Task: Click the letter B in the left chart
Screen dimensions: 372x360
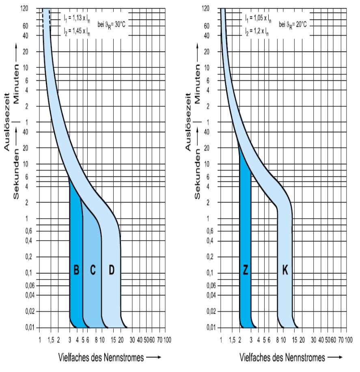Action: tap(76, 271)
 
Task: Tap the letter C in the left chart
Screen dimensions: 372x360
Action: tap(93, 271)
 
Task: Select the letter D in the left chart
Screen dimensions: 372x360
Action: tap(112, 271)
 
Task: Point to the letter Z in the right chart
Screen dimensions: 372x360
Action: tap(246, 271)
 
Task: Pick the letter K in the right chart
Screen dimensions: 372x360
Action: tap(285, 271)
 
